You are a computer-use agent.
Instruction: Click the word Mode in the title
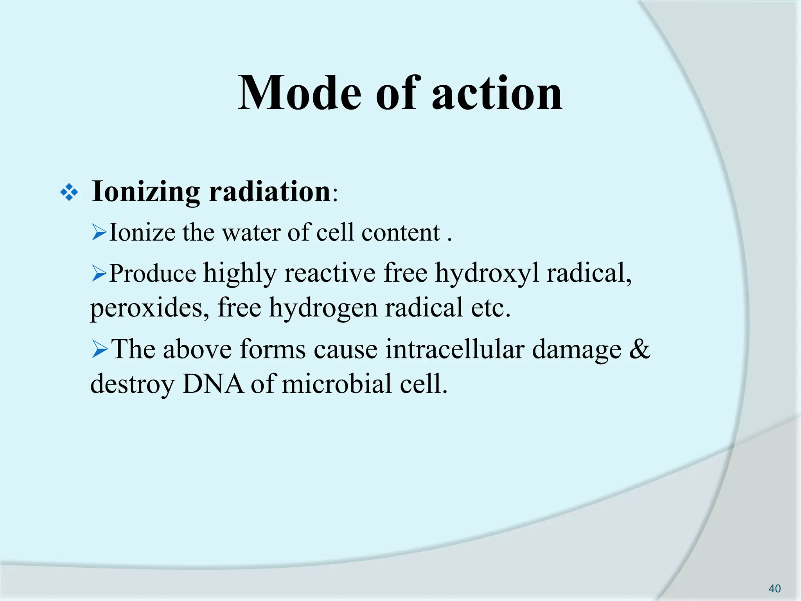pos(299,94)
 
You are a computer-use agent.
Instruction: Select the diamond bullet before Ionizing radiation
pos(69,193)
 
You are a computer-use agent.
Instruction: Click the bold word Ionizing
pos(146,192)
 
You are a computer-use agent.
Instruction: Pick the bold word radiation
pos(270,192)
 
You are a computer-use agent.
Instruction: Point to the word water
pos(251,233)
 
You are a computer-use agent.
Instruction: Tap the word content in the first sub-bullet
pos(400,233)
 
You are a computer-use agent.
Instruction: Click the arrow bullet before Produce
pos(99,273)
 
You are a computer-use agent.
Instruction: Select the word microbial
pos(337,384)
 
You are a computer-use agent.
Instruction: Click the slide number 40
pos(774,588)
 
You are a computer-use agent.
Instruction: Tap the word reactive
pos(330,273)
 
